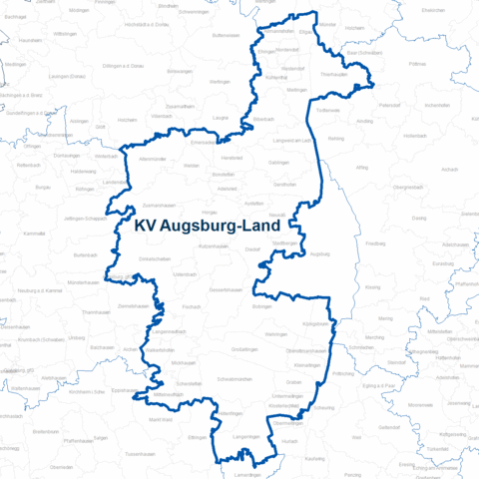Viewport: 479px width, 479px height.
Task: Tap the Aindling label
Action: (363, 120)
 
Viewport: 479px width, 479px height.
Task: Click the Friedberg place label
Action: (375, 242)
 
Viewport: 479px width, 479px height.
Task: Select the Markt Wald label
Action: (161, 420)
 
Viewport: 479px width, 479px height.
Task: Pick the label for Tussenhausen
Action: (139, 455)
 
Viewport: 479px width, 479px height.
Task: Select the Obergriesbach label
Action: (409, 187)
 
